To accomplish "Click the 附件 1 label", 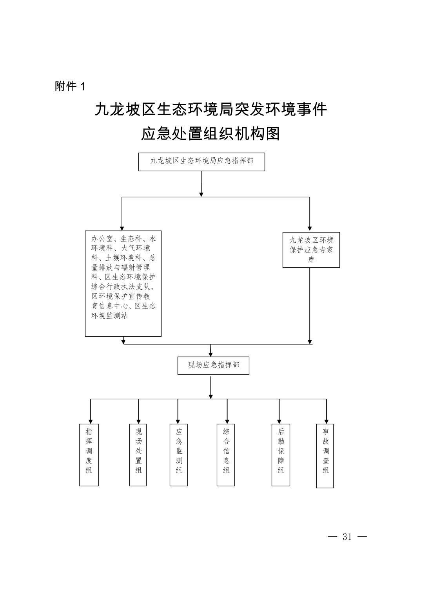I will (x=70, y=86).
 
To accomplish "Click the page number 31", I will (x=347, y=537).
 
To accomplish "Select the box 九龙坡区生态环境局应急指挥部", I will (x=201, y=162).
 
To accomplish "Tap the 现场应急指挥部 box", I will (x=213, y=365).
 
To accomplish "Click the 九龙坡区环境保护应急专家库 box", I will (x=311, y=250).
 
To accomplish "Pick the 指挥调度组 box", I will (x=89, y=455).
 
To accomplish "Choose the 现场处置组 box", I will (x=138, y=455).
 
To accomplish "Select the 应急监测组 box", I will (x=179, y=455).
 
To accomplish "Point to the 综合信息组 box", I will (x=226, y=455).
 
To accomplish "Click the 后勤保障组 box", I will (x=281, y=455).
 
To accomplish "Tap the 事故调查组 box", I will (x=325, y=456).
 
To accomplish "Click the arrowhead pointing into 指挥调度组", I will (x=91, y=421).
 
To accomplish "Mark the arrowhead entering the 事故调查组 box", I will (x=326, y=421).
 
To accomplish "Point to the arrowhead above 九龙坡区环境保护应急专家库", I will (x=310, y=228).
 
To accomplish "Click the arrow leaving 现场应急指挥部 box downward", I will (x=211, y=388).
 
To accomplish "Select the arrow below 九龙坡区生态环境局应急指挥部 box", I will (x=201, y=184).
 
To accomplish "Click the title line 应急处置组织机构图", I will (x=210, y=134).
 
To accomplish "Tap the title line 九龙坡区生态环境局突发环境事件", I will (x=210, y=110).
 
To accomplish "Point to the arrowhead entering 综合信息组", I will (x=227, y=421).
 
